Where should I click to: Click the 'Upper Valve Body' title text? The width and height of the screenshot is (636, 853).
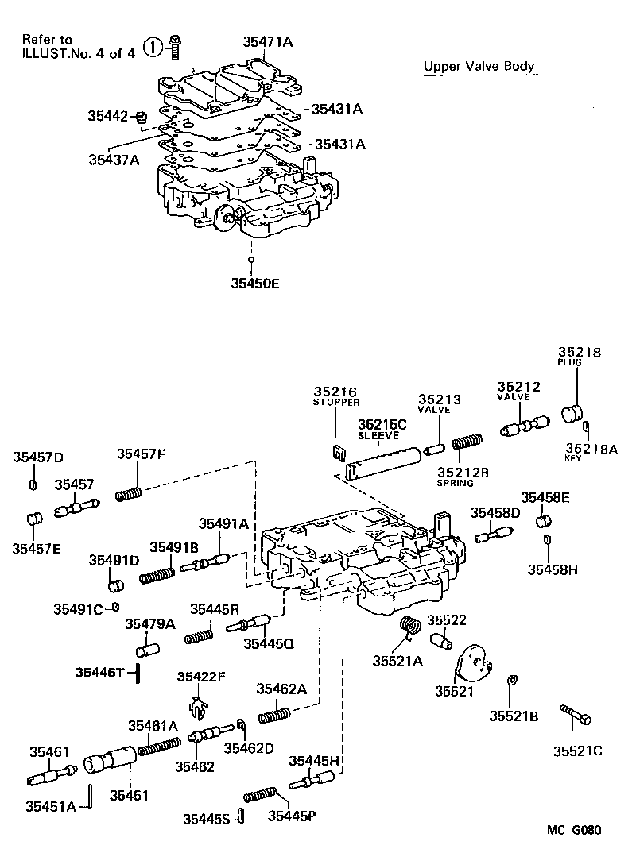pos(479,67)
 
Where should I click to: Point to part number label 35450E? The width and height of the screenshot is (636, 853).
pos(255,282)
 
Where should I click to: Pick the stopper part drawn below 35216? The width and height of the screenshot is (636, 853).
pos(335,454)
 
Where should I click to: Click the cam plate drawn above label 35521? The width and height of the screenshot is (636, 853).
pos(472,662)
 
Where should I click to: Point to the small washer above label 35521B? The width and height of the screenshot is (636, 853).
pos(513,679)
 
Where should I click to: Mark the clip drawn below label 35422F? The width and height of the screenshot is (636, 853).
pos(199,704)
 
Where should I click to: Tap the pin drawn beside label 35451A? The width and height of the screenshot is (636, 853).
pos(92,795)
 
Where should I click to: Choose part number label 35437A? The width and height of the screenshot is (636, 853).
pos(114,159)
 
